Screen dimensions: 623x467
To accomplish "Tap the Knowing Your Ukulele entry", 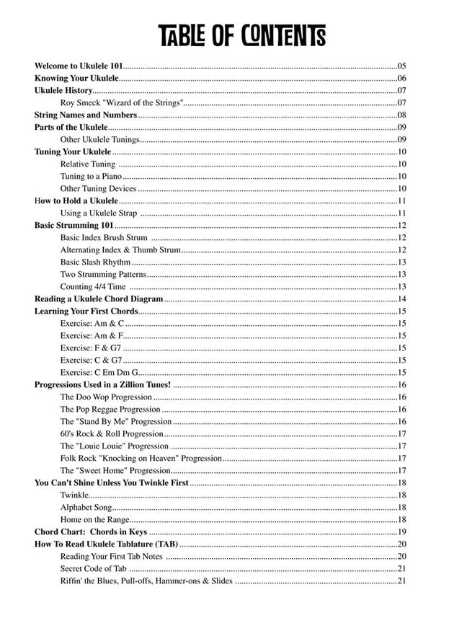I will (76, 78).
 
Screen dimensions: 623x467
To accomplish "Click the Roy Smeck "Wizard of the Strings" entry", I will (122, 103).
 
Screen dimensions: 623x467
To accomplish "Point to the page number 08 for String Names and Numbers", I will (402, 115).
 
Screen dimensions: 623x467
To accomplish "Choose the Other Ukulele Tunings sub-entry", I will (99, 140).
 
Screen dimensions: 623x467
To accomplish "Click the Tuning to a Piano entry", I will (91, 177).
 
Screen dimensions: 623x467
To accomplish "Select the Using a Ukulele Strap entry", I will (98, 213).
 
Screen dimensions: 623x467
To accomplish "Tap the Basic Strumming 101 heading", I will (74, 226).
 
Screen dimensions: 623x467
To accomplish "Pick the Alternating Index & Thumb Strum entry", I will (120, 250).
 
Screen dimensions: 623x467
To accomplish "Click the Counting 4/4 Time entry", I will (93, 287).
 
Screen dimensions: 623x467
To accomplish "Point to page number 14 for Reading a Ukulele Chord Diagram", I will (402, 299).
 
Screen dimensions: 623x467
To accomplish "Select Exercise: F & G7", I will (90, 348).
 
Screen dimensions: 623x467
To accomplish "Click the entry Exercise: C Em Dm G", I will (99, 373).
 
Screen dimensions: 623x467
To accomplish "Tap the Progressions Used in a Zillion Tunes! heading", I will (102, 385).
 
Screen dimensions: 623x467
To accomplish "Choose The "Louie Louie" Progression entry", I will (114, 446).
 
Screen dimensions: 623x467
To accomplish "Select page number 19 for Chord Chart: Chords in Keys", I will (402, 532).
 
